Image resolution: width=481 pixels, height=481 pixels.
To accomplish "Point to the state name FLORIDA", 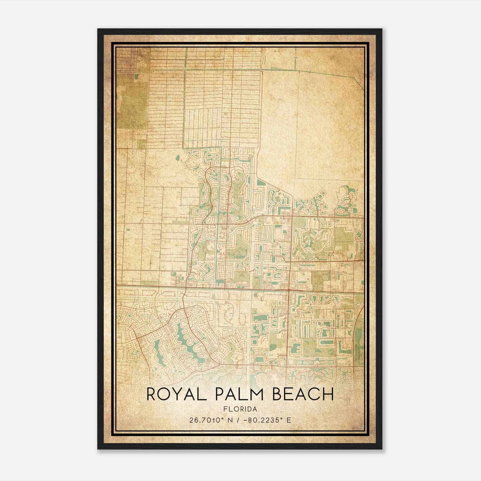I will click(240, 409).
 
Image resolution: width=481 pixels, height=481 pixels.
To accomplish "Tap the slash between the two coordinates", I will click(239, 420).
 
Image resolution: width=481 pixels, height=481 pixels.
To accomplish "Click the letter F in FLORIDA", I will click(225, 409).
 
